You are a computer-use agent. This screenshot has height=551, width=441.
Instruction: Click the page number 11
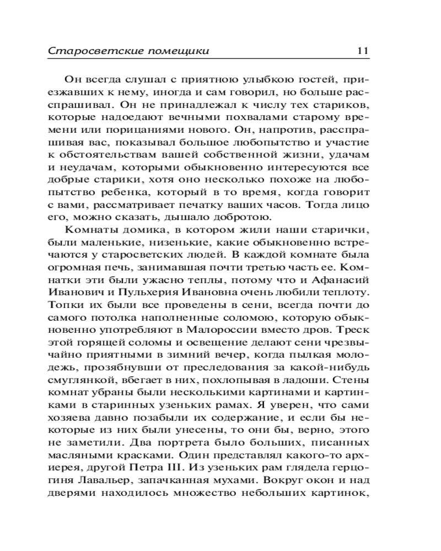pyautogui.click(x=362, y=51)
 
